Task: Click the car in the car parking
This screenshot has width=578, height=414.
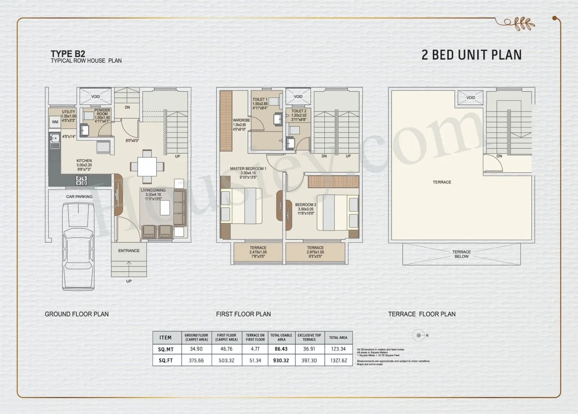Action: (78, 246)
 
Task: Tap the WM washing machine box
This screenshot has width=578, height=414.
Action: (55, 122)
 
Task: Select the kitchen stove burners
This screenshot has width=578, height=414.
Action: (81, 180)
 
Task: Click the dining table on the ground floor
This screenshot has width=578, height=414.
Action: (147, 167)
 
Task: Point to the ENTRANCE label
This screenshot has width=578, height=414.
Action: (129, 251)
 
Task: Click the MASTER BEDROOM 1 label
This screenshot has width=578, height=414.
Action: (248, 169)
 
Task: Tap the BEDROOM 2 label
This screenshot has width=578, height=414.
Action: (306, 205)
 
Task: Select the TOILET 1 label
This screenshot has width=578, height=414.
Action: (260, 99)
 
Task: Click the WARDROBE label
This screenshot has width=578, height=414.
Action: (241, 120)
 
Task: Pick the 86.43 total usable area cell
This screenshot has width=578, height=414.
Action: (281, 349)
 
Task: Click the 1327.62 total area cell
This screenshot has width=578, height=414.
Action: (338, 361)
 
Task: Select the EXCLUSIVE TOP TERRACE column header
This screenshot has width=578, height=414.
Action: (309, 337)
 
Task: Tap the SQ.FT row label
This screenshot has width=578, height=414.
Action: (165, 361)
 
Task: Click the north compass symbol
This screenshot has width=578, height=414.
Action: (419, 335)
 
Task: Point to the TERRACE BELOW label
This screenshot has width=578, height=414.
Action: (461, 254)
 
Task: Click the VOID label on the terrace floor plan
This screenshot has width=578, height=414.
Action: (470, 98)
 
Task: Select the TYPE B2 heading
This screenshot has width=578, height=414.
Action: (68, 54)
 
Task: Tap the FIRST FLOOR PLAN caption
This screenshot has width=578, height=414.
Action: (243, 314)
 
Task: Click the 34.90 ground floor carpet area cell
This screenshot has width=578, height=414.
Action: (196, 349)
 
